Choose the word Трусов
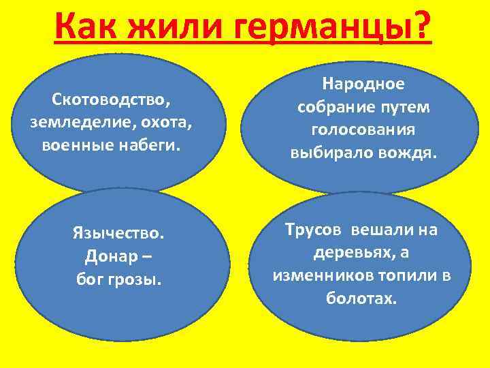point(314,230)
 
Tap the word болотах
point(361,298)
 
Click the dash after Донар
point(148,258)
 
